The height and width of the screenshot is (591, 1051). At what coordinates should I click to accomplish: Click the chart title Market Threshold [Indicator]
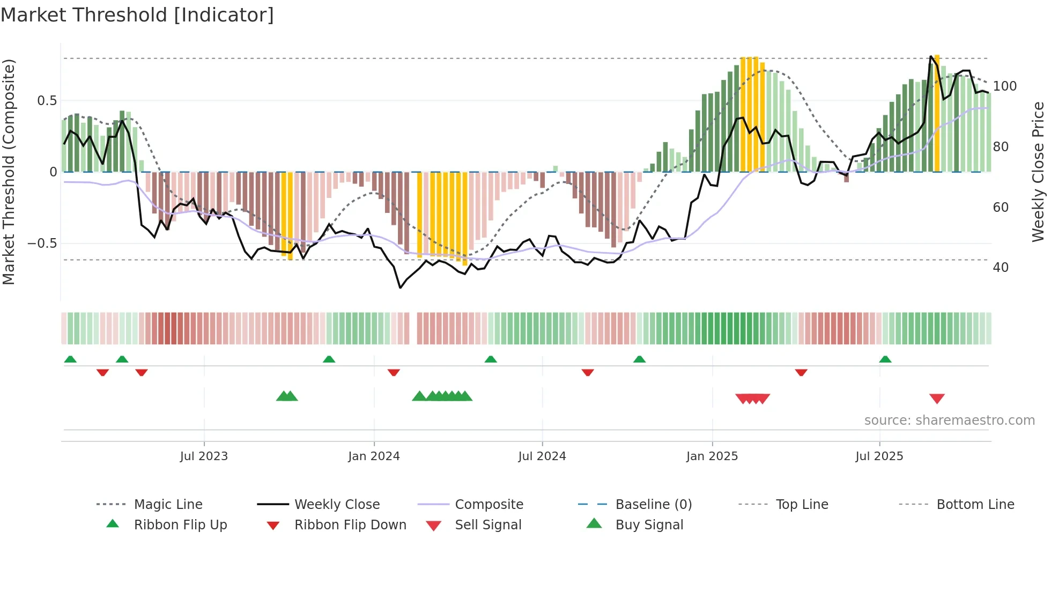click(x=137, y=15)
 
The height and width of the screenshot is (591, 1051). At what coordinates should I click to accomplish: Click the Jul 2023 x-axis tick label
click(x=204, y=456)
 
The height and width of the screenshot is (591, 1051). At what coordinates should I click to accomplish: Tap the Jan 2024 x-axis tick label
click(x=374, y=456)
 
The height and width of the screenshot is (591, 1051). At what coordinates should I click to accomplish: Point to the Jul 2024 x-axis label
click(x=542, y=456)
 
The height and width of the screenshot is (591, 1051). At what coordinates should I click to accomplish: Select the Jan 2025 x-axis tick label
click(x=712, y=456)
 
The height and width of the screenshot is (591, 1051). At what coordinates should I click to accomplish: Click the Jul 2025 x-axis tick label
click(x=879, y=456)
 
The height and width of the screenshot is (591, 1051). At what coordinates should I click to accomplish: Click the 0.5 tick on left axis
click(x=47, y=101)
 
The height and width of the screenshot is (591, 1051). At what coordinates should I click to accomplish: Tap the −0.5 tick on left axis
click(x=42, y=243)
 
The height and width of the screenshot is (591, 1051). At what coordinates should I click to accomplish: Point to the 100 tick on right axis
click(x=1005, y=86)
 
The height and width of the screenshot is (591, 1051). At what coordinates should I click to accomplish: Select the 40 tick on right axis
click(x=1001, y=268)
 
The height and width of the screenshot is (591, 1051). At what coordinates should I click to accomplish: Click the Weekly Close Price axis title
click(x=1039, y=172)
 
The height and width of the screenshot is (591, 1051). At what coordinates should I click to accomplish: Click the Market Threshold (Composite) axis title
click(x=9, y=172)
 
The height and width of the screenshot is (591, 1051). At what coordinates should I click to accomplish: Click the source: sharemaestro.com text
click(x=949, y=420)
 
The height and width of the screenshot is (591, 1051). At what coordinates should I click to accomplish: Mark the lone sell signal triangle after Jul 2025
click(x=937, y=398)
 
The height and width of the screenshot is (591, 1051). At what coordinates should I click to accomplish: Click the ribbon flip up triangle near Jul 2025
click(x=885, y=359)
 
